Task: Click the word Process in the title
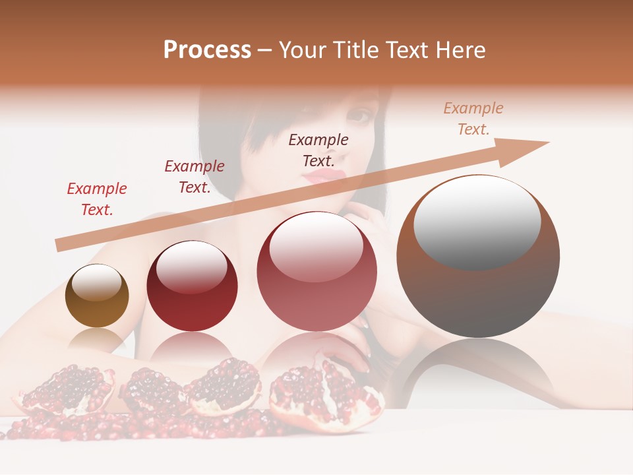207,50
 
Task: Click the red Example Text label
97,199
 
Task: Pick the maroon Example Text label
195,176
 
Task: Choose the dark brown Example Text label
318,150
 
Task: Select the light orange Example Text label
473,118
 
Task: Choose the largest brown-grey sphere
478,290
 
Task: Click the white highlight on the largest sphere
477,221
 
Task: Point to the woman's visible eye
359,115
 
